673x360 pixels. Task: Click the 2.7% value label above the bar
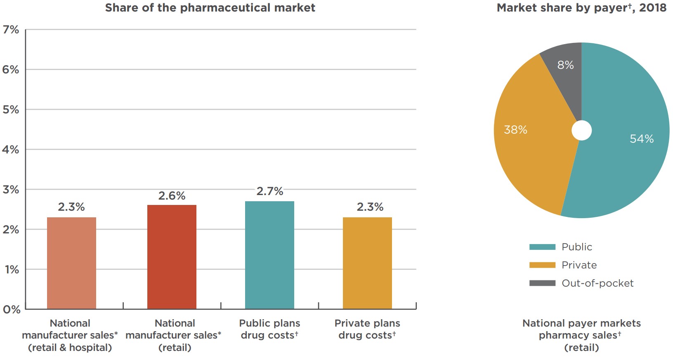[x=270, y=191]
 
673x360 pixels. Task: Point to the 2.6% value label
[x=172, y=196]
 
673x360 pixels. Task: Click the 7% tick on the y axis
[x=11, y=30]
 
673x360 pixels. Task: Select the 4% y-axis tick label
[x=11, y=150]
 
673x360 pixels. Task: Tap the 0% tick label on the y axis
[x=11, y=309]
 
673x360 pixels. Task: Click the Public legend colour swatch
[x=542, y=247]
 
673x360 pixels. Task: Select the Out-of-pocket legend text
[x=597, y=283]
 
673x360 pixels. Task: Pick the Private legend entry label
[x=579, y=265]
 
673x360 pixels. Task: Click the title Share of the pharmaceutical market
[x=210, y=8]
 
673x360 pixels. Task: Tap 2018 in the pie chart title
[x=652, y=8]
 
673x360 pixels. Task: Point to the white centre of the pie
[x=581, y=130]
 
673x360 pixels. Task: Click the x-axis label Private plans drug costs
[x=367, y=329]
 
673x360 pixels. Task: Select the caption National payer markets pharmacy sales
[x=581, y=329]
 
